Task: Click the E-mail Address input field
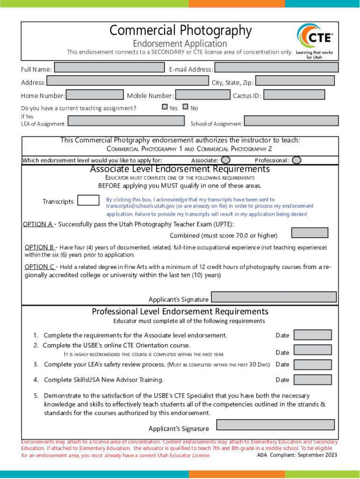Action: (276, 67)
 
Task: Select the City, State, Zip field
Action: (295, 81)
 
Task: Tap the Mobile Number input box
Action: (202, 95)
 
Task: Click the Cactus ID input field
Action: (294, 95)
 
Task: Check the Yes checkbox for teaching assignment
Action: (165, 107)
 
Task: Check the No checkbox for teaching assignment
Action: (186, 107)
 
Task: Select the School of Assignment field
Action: (291, 121)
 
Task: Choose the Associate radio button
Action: (225, 160)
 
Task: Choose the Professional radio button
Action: (296, 160)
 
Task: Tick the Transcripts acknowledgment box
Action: (88, 201)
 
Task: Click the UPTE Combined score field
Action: (310, 232)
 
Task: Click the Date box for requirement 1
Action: (313, 335)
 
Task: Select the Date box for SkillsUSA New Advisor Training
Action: (313, 379)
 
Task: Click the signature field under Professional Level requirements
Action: (275, 425)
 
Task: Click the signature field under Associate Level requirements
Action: (274, 298)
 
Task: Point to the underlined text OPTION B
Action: (39, 247)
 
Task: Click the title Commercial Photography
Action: (180, 31)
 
